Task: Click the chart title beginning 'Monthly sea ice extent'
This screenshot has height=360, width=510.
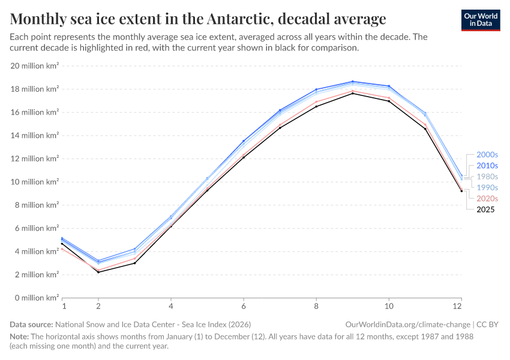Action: (198, 19)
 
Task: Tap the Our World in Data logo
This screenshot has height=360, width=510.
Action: (480, 20)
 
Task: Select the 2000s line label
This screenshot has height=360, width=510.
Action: (487, 155)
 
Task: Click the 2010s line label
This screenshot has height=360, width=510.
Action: (487, 166)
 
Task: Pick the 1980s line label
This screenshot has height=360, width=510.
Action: (487, 176)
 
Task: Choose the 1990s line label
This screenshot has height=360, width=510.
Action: (487, 187)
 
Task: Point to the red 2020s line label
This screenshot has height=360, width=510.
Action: (487, 198)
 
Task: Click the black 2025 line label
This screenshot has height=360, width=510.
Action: (486, 209)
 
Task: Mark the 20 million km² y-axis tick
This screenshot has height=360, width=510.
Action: (34, 66)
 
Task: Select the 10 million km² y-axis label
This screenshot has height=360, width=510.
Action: (34, 182)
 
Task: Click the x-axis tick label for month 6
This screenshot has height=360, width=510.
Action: (244, 306)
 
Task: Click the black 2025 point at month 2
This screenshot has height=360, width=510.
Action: (98, 272)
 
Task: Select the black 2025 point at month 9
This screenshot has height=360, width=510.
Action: (353, 93)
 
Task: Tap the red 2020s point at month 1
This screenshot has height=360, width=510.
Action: (62, 248)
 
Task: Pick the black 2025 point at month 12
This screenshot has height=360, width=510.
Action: (461, 191)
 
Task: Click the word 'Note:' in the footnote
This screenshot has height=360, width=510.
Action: (19, 337)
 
